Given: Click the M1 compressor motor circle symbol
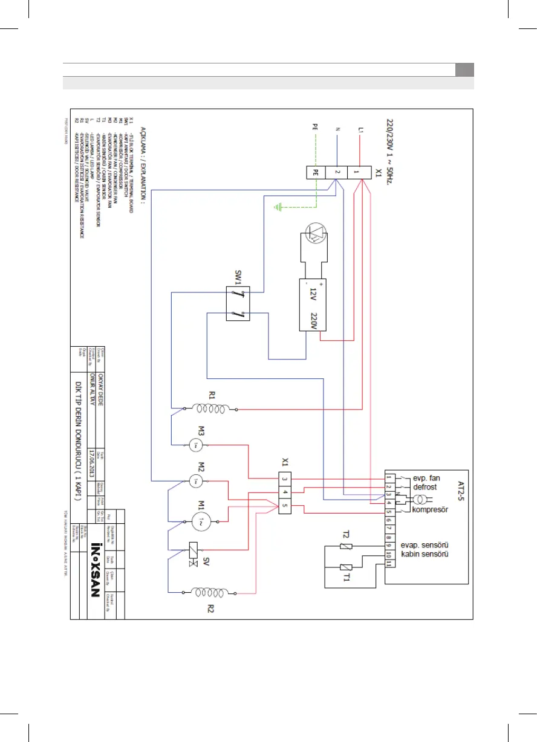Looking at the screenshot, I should point(201,520).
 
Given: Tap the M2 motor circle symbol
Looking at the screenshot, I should point(195,482).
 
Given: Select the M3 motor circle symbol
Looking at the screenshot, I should point(195,445).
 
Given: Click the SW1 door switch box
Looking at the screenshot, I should point(236,305).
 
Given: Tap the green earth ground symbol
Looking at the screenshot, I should point(279,208).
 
